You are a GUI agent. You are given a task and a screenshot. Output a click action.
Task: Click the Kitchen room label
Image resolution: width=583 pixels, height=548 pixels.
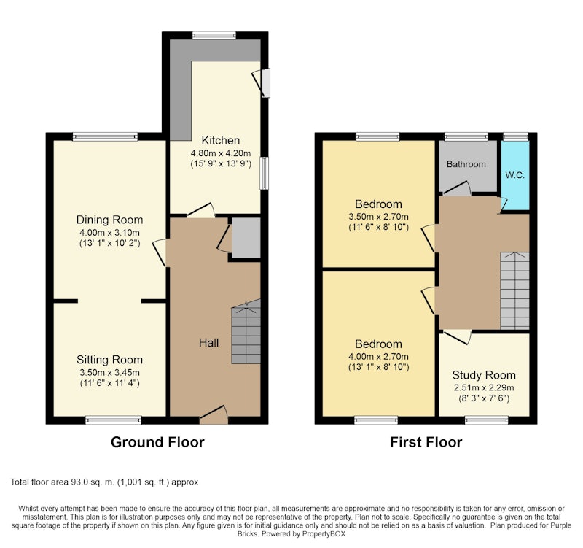[x=221, y=140]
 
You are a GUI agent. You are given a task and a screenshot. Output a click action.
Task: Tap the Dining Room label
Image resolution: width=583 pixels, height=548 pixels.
[x=110, y=220]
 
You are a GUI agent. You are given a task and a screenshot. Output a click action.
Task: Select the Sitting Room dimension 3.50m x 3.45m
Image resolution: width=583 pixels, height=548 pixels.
[x=110, y=372]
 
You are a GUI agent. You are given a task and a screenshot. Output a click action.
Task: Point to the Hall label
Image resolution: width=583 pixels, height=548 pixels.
[x=208, y=343]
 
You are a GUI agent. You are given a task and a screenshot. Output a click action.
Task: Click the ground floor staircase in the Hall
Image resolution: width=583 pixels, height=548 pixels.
[x=246, y=332]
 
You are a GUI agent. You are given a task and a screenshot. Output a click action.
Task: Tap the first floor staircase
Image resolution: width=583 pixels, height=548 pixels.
[x=514, y=290]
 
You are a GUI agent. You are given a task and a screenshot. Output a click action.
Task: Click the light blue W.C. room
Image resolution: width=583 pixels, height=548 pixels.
[x=515, y=175]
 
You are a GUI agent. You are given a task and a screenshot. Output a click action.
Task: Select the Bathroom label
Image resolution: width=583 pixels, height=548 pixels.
[x=466, y=164]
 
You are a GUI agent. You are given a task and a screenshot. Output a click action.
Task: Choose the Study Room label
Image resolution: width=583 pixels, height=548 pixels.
[x=484, y=375]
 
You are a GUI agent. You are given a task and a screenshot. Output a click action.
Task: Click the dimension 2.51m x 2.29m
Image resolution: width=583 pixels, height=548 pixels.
[x=484, y=387]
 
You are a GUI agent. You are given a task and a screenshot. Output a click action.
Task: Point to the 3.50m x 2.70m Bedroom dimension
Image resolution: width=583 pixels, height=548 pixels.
[x=378, y=216]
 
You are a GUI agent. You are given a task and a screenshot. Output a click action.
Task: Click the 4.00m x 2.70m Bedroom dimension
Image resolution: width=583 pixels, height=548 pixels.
[x=378, y=356]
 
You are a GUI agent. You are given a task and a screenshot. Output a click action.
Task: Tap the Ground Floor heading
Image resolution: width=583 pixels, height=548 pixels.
[x=157, y=442]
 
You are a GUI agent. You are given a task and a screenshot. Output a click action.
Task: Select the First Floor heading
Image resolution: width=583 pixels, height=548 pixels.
[x=426, y=442]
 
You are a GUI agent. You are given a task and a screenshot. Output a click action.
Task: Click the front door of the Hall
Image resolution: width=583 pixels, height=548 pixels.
[x=214, y=415]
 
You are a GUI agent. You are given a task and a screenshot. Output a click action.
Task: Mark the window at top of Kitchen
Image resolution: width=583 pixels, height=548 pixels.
[x=214, y=35]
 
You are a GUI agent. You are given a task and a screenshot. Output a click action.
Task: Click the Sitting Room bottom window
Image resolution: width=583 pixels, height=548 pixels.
[x=114, y=420]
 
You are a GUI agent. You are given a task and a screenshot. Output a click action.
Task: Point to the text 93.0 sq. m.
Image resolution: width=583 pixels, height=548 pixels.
[x=93, y=482]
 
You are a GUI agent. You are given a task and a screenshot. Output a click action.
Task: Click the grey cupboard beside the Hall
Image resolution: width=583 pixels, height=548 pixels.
[x=246, y=238]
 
